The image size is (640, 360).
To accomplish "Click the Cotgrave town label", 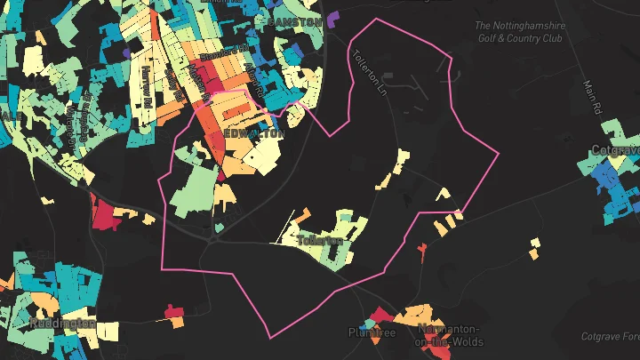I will click(612, 151).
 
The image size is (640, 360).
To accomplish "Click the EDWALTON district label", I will click(255, 133).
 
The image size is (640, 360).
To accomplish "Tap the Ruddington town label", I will click(61, 323).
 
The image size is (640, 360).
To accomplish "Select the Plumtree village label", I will click(371, 333).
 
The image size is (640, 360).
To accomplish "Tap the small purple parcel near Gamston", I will click(333, 17).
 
